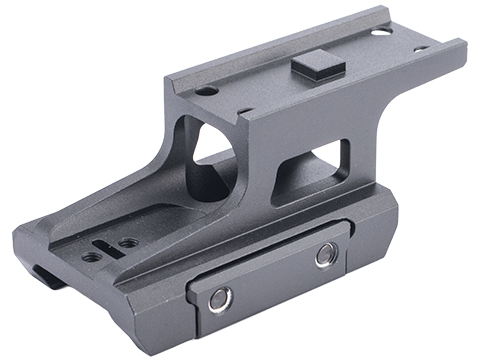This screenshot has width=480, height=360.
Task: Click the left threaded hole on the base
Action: click(x=92, y=256)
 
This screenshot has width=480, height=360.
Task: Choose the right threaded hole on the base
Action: click(x=126, y=242)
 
